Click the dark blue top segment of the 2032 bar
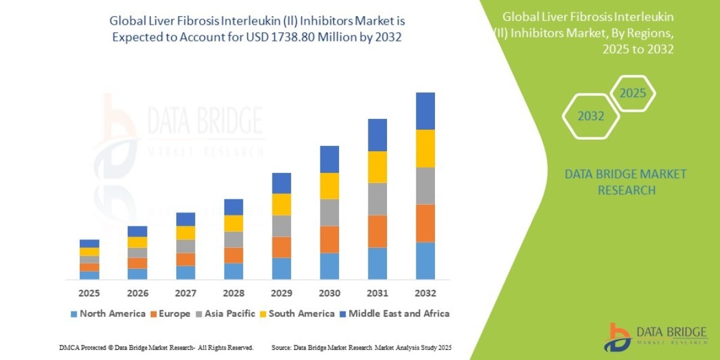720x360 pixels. [425, 111]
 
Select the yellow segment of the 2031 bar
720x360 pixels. [377, 167]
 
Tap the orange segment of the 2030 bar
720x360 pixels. [329, 239]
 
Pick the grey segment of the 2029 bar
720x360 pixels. [281, 226]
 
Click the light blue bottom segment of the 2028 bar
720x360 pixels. [233, 271]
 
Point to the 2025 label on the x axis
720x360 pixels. [89, 293]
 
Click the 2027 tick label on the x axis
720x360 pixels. [185, 293]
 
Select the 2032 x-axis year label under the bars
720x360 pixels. [425, 293]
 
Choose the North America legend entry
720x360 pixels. [107, 313]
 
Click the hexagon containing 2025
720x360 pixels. [632, 94]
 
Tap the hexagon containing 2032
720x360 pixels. [590, 116]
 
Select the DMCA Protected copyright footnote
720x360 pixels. [156, 347]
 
